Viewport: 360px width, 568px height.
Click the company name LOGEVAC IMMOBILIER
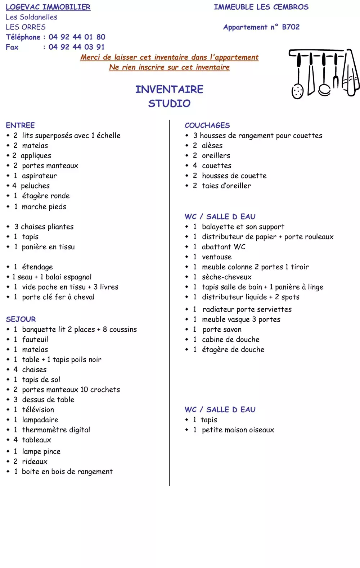[x=48, y=7]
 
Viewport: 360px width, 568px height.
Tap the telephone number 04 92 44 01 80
[x=77, y=37]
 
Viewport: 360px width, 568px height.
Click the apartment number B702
[x=291, y=27]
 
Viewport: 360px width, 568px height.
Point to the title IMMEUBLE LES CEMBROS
[x=261, y=7]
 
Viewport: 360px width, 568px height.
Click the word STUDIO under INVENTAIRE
[x=169, y=104]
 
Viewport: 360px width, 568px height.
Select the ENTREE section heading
[x=20, y=125]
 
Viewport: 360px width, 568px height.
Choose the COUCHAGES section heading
[x=207, y=125]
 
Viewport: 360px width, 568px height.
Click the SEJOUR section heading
[x=21, y=319]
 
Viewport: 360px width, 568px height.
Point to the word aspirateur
[x=39, y=176]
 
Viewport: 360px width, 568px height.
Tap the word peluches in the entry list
[x=35, y=186]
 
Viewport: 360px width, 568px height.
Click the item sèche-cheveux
[x=227, y=277]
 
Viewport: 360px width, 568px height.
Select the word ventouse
[x=217, y=257]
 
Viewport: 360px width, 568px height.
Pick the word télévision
[x=38, y=409]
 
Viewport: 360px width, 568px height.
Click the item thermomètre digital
[x=56, y=430]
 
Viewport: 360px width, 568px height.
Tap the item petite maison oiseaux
[x=238, y=430]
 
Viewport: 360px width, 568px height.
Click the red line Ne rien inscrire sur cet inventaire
[x=169, y=67]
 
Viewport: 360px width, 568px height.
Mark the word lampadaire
[x=40, y=419]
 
